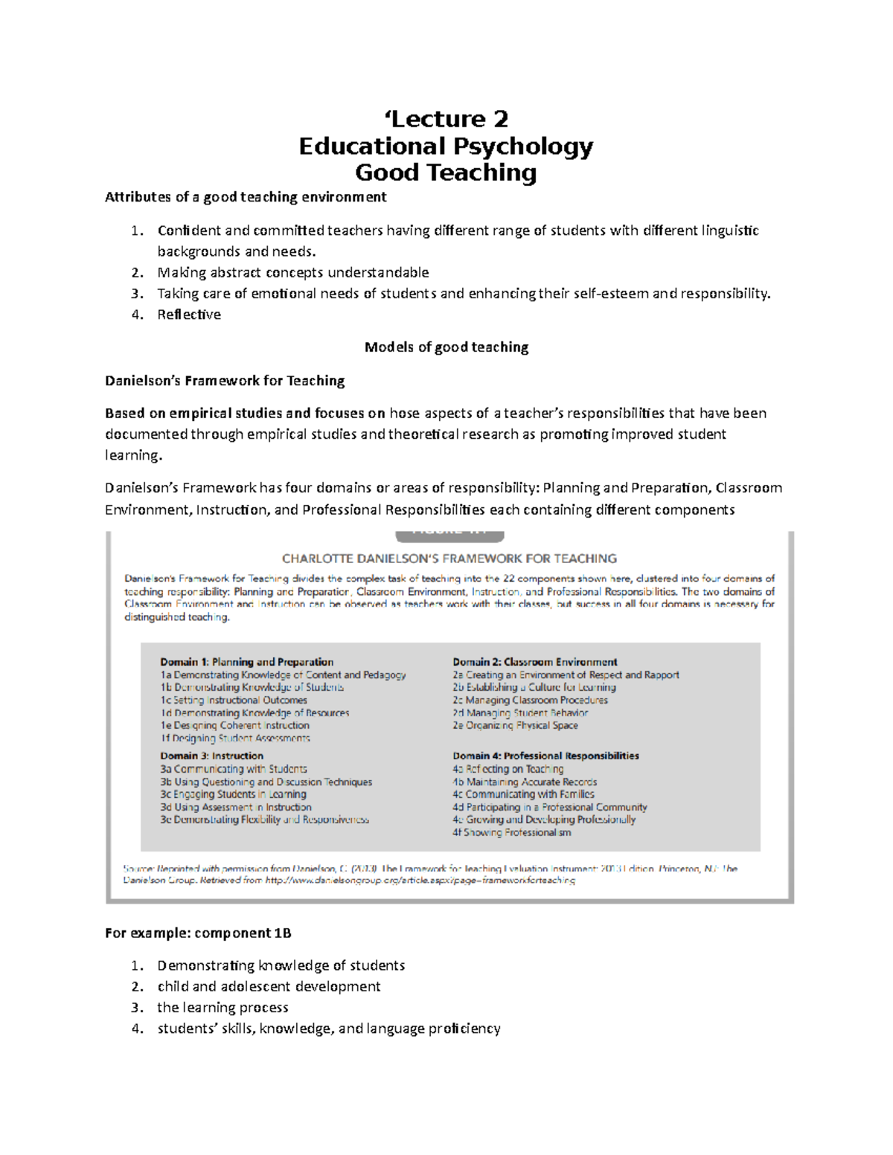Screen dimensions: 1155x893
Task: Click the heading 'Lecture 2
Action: (x=446, y=119)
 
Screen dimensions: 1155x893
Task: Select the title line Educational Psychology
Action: (x=446, y=146)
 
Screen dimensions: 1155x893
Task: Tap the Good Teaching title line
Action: (x=446, y=173)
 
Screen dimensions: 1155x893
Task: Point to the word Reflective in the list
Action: (x=189, y=315)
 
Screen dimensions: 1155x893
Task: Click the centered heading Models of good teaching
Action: (x=446, y=347)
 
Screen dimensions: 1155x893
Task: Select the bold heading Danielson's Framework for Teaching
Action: (x=225, y=381)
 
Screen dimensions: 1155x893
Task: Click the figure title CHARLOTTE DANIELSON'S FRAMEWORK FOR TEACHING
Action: (x=449, y=559)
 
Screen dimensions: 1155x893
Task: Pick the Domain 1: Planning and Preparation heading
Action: (x=247, y=662)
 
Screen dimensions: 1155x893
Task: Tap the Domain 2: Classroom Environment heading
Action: (x=535, y=662)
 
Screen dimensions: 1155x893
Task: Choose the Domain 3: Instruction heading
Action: (x=212, y=756)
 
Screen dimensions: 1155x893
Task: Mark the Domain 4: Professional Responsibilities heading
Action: (x=545, y=756)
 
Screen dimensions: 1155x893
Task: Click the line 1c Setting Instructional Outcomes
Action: (x=234, y=700)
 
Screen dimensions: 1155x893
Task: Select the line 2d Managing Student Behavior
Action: (x=520, y=712)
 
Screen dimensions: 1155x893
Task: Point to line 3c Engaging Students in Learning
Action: (x=233, y=794)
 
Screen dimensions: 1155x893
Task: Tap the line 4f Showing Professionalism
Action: (x=512, y=832)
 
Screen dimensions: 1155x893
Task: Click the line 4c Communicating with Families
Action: (x=523, y=794)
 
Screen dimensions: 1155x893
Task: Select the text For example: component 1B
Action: (x=198, y=933)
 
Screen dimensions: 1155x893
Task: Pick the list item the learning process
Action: (x=223, y=1008)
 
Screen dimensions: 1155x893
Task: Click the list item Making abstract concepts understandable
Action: (x=293, y=272)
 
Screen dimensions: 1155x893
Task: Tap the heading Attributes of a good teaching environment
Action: (x=246, y=197)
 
